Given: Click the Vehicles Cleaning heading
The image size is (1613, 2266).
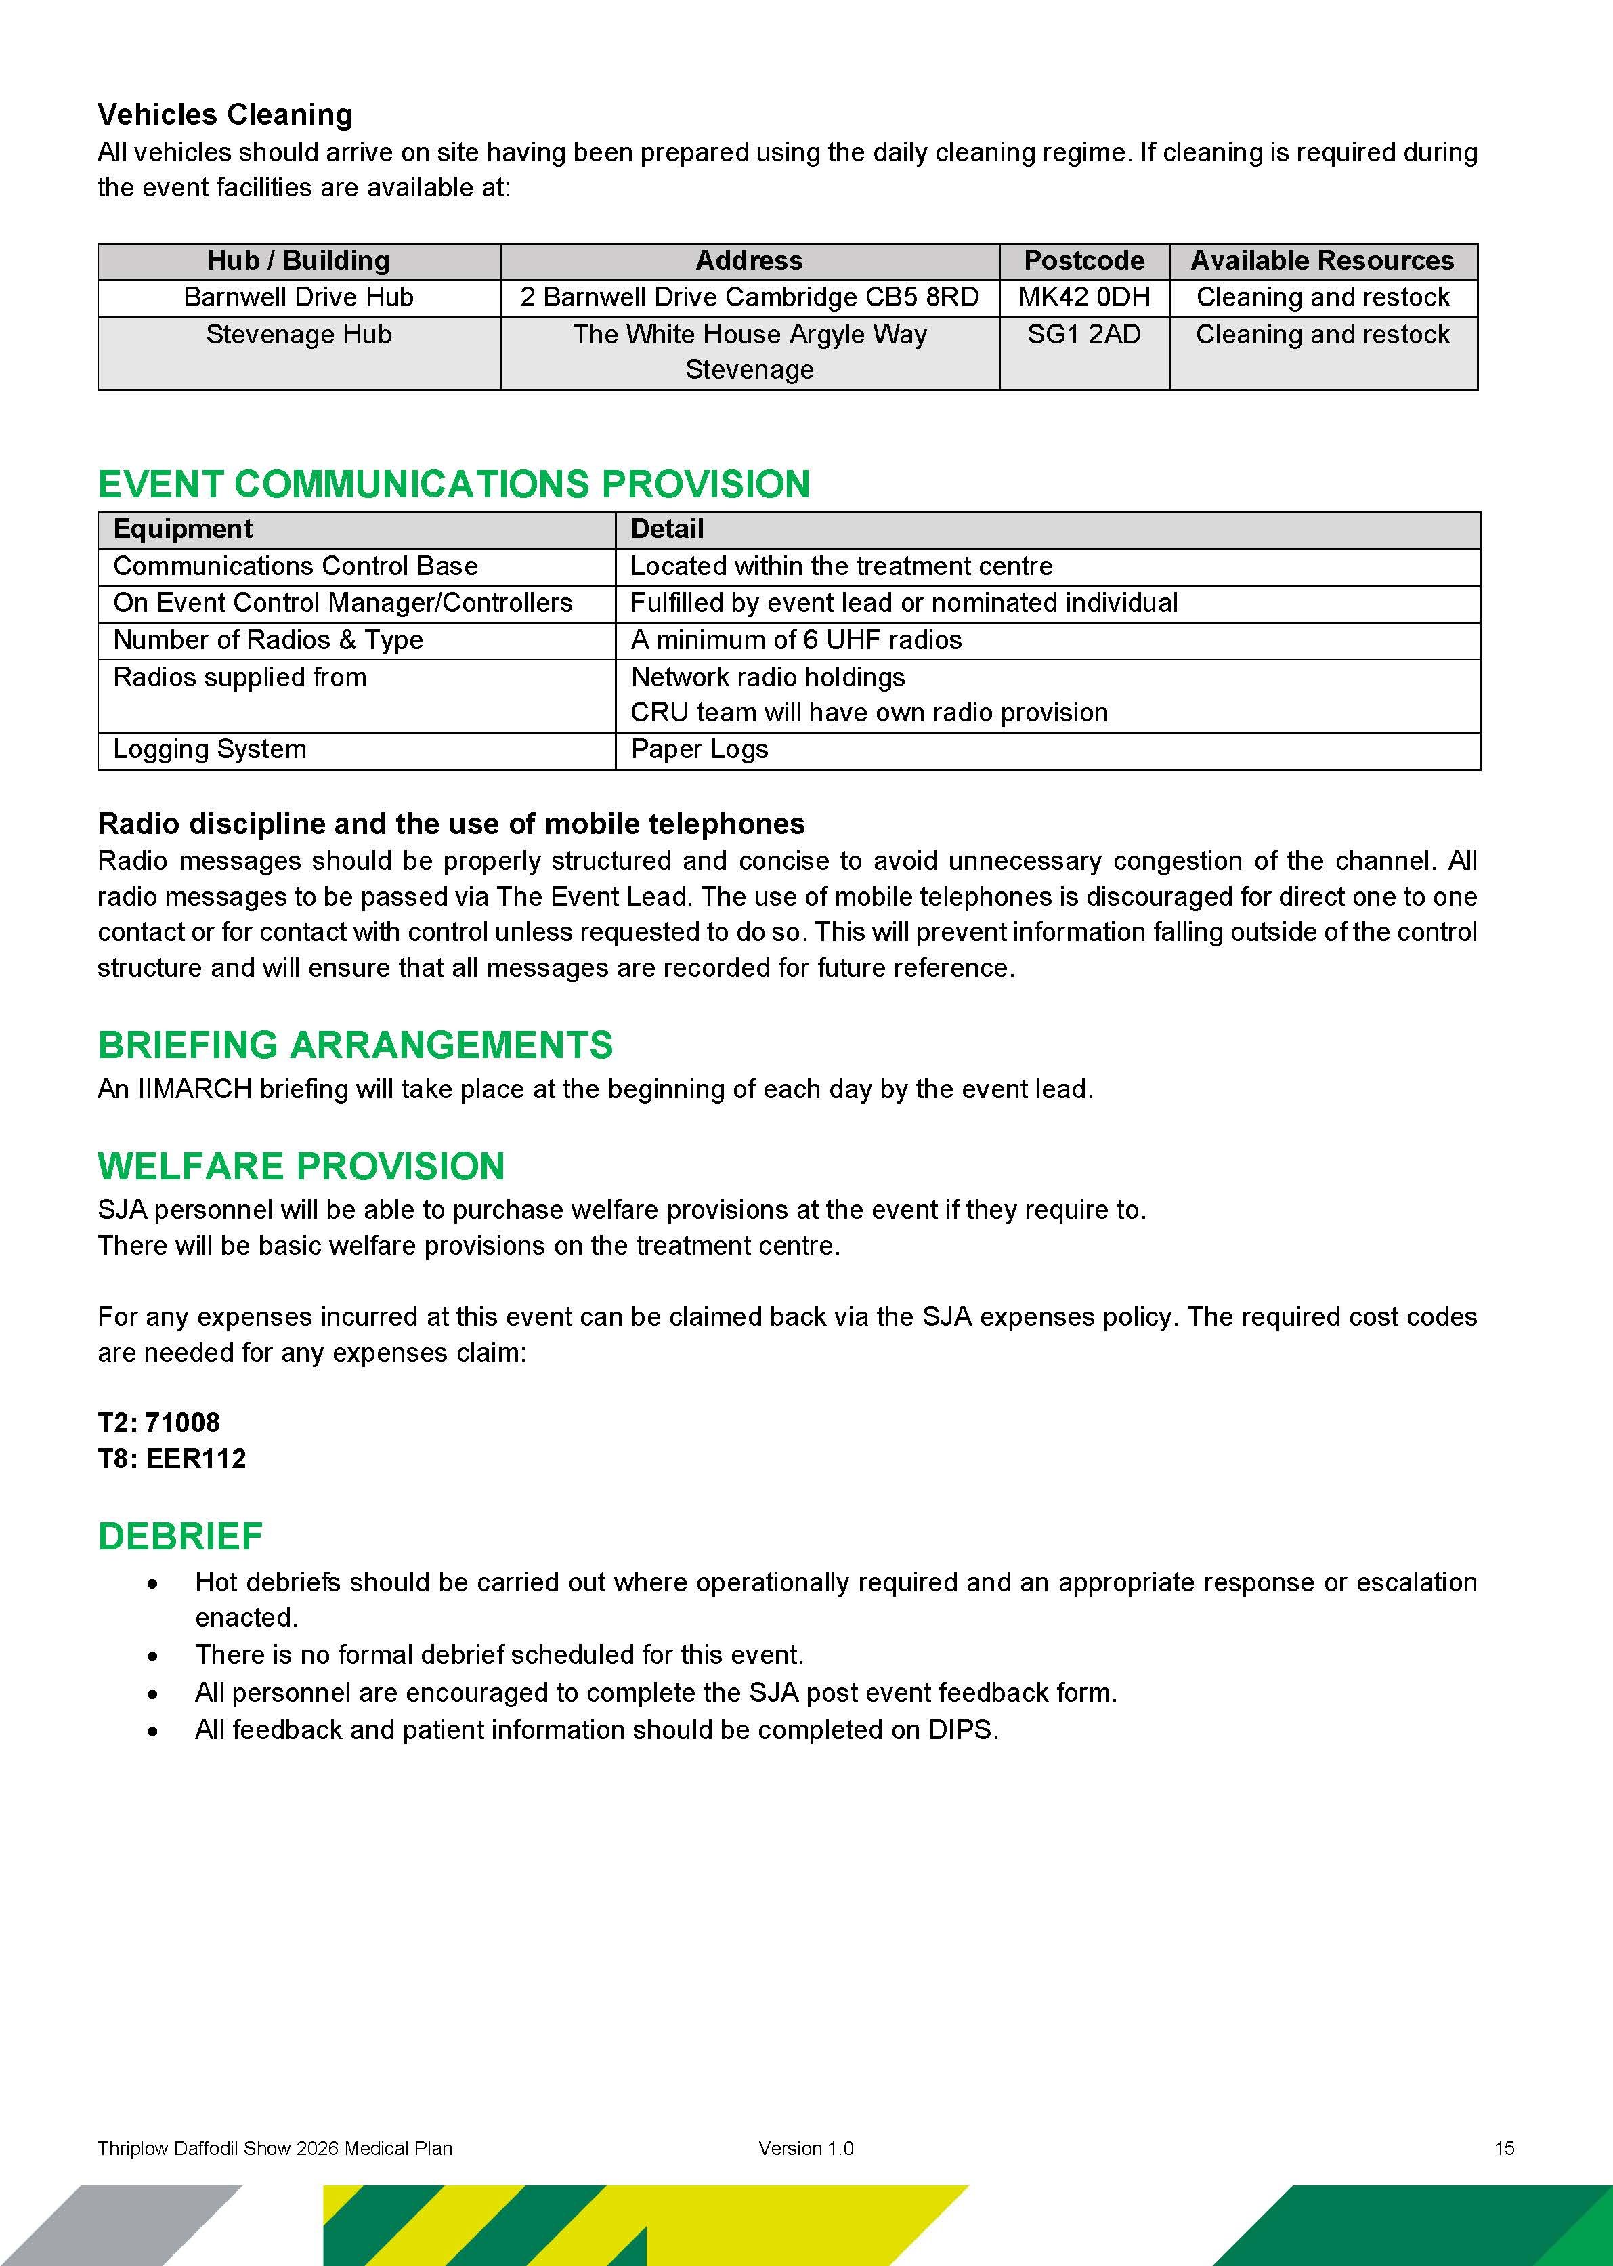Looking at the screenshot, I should (224, 115).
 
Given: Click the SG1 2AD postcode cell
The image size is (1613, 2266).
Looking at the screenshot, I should (1083, 335).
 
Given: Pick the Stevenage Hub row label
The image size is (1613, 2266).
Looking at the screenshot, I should (298, 335).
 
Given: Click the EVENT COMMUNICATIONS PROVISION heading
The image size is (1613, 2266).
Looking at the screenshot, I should (454, 485).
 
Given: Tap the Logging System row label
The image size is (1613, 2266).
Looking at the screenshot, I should (209, 750).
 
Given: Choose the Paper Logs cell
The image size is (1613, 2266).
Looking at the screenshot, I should (700, 750).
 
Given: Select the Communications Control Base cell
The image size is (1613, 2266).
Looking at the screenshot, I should (295, 567).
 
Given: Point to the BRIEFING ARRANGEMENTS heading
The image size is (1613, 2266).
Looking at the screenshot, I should (355, 1046).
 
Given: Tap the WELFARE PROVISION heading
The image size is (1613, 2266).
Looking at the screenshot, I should (301, 1167).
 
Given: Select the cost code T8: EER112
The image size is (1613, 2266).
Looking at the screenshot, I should (172, 1459).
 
